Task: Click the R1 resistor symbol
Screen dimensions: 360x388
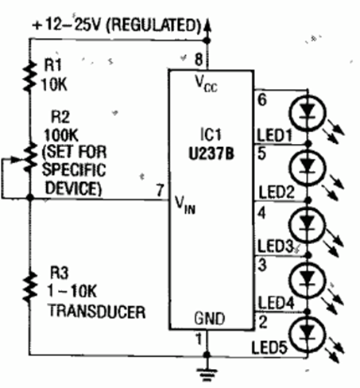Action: click(29, 76)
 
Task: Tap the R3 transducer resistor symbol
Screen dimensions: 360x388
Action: click(29, 287)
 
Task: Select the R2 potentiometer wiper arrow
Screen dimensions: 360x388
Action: click(12, 159)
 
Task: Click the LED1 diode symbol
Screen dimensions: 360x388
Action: click(308, 113)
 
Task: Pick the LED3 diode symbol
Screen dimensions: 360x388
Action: click(308, 225)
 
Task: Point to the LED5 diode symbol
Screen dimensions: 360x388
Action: click(308, 335)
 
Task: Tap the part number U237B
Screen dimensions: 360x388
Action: click(211, 153)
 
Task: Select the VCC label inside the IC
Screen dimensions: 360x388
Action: click(206, 83)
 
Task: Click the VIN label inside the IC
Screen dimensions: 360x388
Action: click(185, 205)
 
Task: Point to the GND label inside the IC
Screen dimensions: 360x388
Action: click(210, 318)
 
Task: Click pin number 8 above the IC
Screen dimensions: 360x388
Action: click(199, 59)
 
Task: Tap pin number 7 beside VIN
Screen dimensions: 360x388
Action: click(160, 190)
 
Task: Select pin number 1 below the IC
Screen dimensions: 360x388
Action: click(199, 339)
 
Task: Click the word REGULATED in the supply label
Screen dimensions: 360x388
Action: click(153, 25)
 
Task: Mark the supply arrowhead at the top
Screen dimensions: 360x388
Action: click(207, 26)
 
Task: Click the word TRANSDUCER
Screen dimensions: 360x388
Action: click(97, 312)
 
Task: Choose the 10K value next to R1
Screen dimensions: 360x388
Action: click(54, 85)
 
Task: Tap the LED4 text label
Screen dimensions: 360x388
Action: click(276, 303)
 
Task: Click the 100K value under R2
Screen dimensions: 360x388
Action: click(61, 135)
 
